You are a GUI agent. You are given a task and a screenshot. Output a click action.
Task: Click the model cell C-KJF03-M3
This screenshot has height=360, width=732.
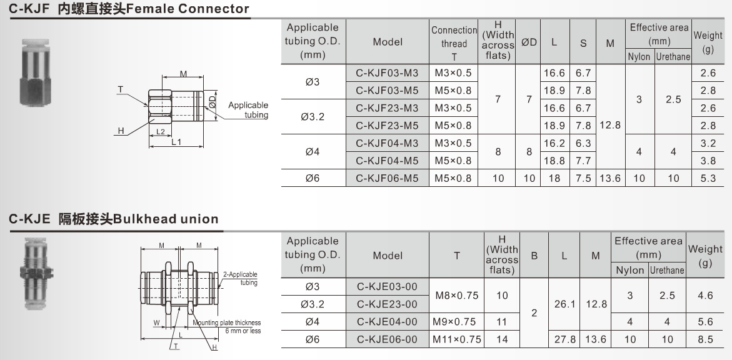[387, 73]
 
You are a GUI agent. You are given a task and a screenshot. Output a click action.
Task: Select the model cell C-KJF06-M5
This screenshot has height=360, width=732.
[387, 178]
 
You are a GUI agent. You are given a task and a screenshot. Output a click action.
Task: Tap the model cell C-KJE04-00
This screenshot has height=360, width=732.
[387, 322]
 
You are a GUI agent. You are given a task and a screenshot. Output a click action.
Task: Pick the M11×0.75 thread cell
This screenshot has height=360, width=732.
[457, 339]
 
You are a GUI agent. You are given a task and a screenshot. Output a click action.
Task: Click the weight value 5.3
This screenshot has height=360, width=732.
[708, 178]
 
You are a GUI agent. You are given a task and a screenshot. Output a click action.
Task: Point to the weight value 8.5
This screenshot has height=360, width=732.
[704, 339]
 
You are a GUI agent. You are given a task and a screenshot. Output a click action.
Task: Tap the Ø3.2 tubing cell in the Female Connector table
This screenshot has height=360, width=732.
[313, 116]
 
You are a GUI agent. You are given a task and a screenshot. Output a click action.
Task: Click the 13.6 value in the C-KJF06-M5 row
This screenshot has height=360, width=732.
[610, 178]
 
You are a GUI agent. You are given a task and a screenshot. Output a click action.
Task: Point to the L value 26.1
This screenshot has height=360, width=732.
[564, 304]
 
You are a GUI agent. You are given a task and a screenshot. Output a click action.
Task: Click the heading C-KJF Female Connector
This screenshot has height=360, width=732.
[129, 9]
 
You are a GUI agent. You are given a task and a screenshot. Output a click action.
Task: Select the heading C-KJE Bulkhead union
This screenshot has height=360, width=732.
[114, 219]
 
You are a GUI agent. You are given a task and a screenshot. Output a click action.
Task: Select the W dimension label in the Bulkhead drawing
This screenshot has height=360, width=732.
[156, 323]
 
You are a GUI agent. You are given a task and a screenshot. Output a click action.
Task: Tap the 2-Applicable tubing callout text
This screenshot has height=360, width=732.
[240, 278]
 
